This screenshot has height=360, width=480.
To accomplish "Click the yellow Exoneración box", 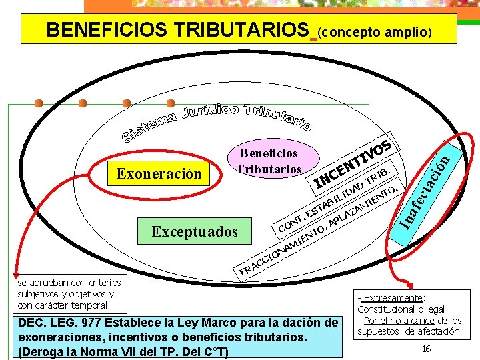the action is [159, 173].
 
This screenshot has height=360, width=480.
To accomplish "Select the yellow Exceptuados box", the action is [194, 231].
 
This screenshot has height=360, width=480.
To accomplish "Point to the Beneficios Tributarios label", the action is [269, 161].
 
